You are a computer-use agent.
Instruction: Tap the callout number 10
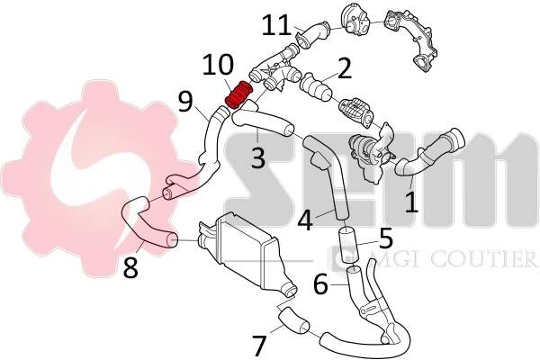(218, 65)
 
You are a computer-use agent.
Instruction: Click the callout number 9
(185, 101)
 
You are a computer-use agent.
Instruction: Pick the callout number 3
(258, 159)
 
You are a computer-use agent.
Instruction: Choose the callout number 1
(411, 200)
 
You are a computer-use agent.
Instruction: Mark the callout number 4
(305, 219)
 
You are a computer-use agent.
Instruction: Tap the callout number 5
(385, 239)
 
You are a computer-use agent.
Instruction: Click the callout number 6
(319, 283)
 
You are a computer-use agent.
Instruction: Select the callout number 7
(259, 345)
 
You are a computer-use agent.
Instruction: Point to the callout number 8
(131, 267)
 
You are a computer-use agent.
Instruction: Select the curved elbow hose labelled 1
(432, 153)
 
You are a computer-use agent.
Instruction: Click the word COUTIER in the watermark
(486, 260)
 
